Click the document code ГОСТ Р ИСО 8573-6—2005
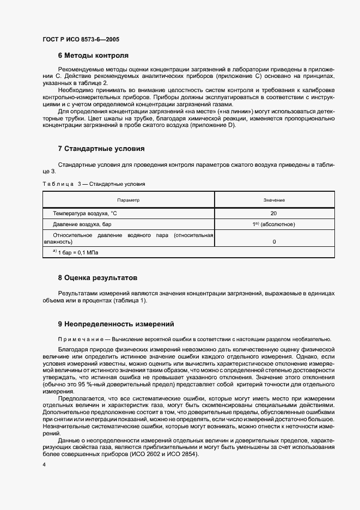(x=81, y=40)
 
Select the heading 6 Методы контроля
(x=93, y=56)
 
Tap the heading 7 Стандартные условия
(x=101, y=148)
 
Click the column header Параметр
(x=128, y=200)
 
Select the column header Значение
(x=274, y=200)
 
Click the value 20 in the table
(x=274, y=214)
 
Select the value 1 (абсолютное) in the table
(x=274, y=224)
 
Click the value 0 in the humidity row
(x=274, y=241)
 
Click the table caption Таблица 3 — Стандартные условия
(x=94, y=184)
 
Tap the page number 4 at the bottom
(x=44, y=464)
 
